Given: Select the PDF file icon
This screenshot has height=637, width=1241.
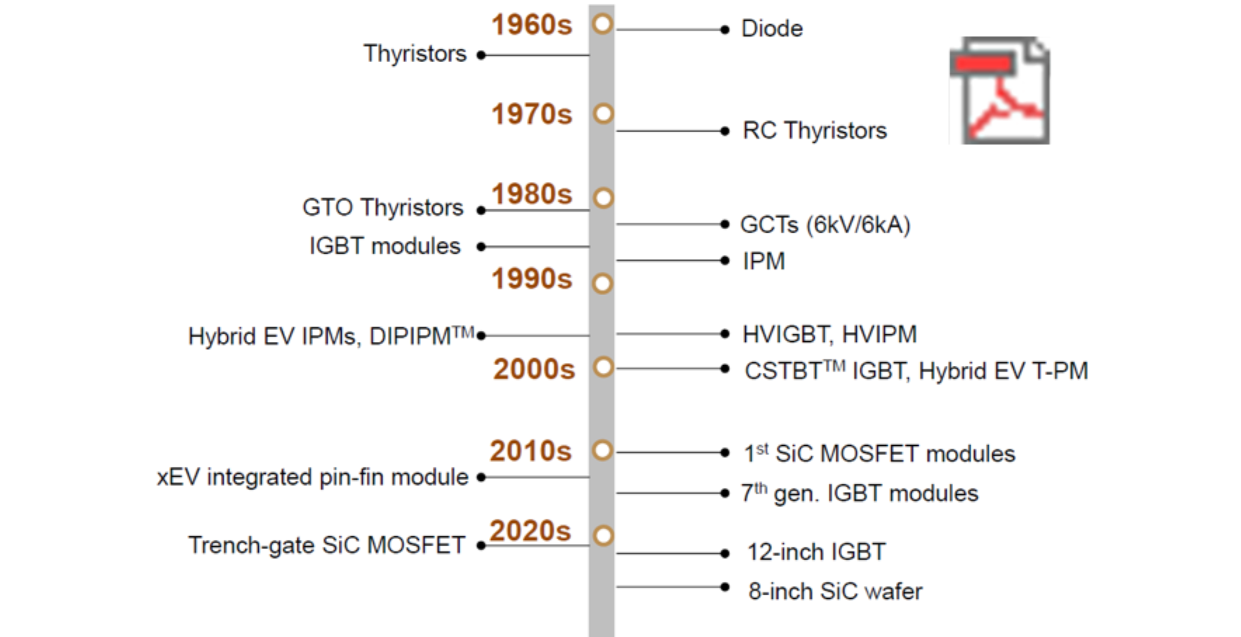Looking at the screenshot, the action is coord(1000,90).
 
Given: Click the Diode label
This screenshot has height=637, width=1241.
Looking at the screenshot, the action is coord(772,29).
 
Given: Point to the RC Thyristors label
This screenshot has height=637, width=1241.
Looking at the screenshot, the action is coord(815,131).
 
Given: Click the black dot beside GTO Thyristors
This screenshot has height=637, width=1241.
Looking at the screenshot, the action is coord(481,211).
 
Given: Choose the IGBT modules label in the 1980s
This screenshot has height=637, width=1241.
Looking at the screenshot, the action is coord(385,246).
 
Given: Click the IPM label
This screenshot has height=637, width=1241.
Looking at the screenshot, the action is coord(764,261).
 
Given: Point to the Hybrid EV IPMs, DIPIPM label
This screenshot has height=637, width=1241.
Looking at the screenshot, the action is coord(332,336).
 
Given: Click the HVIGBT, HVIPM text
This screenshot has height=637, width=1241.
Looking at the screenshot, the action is coord(830,334).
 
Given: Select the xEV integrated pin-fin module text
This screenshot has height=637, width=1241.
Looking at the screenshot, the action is coord(313,477).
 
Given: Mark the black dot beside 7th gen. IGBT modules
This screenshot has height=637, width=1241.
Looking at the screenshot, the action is coord(725,493).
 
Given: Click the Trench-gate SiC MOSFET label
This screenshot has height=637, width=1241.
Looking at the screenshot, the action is coord(327,545).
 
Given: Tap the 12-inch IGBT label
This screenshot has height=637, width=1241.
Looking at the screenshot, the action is coord(816,552).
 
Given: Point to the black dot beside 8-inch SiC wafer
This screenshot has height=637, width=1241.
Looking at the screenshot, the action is coord(725,587).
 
